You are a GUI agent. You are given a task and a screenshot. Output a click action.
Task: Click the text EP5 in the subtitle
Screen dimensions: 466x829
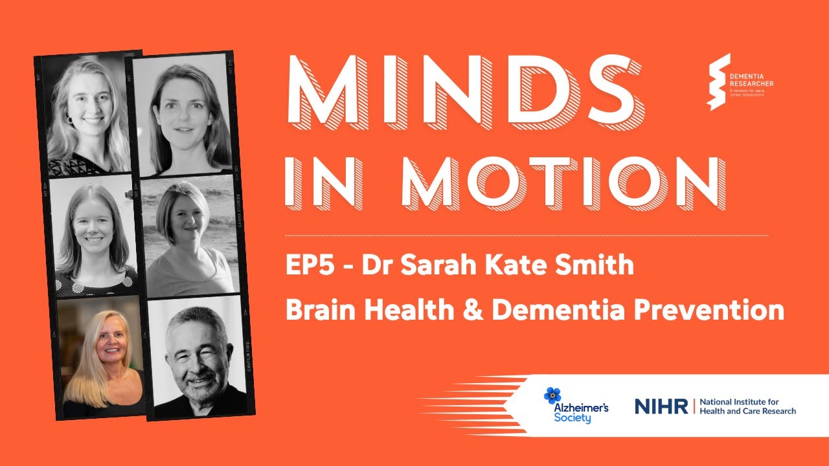click(x=308, y=265)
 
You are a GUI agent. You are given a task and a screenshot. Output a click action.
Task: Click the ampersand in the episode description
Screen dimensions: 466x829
click(x=471, y=310)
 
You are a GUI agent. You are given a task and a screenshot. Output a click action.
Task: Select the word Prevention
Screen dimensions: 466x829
click(x=709, y=310)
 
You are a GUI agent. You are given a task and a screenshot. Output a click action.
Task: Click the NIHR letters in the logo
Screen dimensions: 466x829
click(x=661, y=406)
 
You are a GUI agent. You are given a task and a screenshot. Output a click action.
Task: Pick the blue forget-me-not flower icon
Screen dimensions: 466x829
click(x=552, y=395)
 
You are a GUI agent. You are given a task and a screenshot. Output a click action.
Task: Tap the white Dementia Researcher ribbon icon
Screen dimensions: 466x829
click(x=718, y=81)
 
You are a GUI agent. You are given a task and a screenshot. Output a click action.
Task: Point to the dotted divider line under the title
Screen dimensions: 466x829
click(x=526, y=235)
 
